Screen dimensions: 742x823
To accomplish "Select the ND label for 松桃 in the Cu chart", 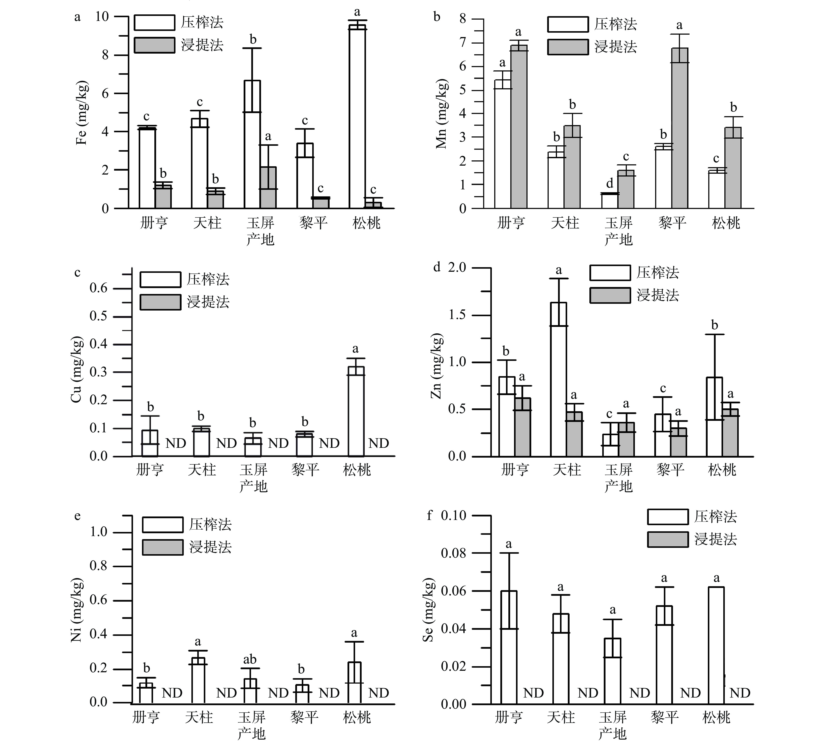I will click(378, 443).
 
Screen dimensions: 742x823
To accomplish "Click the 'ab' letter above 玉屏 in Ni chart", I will click(250, 659).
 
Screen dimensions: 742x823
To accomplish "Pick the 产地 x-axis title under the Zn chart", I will click(618, 486).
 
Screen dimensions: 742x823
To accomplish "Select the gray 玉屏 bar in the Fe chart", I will click(268, 188).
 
